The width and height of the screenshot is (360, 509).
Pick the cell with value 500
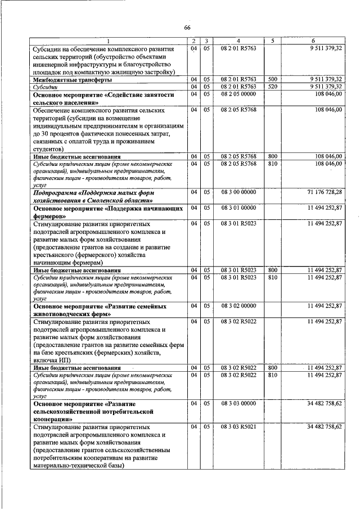[273, 80]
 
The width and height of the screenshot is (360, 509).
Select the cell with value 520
[273, 87]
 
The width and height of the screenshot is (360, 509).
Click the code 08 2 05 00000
[238, 94]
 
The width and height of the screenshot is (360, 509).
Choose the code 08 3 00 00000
[238, 192]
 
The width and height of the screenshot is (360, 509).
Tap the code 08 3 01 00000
[238, 208]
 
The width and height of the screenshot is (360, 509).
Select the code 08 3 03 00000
[238, 404]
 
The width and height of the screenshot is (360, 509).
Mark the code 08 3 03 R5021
[238, 427]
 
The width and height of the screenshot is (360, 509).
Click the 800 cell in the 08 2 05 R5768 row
[273, 156]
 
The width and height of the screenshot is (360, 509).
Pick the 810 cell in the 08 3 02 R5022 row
[273, 375]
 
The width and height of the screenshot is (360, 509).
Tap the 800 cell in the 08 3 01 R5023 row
[273, 270]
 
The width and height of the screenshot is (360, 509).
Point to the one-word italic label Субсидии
[48, 87]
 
